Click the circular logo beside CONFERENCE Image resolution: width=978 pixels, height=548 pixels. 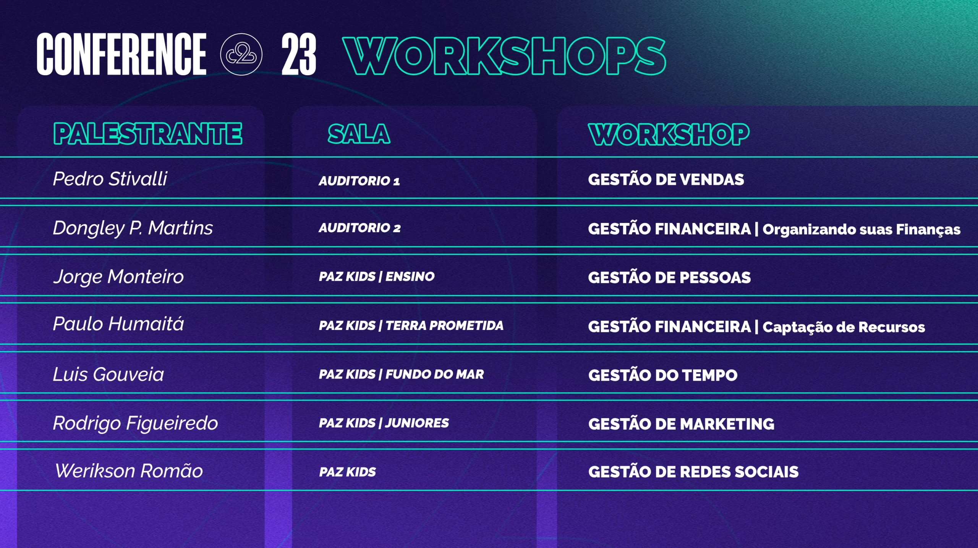pyautogui.click(x=241, y=54)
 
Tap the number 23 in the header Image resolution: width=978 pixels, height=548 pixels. pyautogui.click(x=299, y=54)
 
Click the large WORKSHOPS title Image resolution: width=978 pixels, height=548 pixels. pyautogui.click(x=504, y=56)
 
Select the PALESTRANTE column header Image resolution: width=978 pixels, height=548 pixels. pyautogui.click(x=147, y=134)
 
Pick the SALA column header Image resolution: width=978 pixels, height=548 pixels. pyautogui.click(x=359, y=134)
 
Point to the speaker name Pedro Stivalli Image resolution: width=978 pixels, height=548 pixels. pyautogui.click(x=110, y=179)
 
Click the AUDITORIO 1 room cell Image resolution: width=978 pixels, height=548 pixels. pyautogui.click(x=359, y=181)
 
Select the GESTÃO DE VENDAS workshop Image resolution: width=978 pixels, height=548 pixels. pyautogui.click(x=666, y=179)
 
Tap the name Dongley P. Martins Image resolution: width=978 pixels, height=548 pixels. pyautogui.click(x=133, y=228)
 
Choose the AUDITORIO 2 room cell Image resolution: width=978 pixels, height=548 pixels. pyautogui.click(x=359, y=228)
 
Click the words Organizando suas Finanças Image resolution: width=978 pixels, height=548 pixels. pyautogui.click(x=861, y=229)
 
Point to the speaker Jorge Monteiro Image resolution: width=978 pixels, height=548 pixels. pyautogui.click(x=118, y=276)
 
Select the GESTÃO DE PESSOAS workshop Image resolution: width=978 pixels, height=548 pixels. pyautogui.click(x=669, y=277)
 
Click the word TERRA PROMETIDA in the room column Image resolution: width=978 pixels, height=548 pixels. pyautogui.click(x=444, y=325)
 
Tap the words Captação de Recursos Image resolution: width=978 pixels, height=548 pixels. pyautogui.click(x=844, y=327)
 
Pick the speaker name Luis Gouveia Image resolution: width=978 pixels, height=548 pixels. pyautogui.click(x=108, y=374)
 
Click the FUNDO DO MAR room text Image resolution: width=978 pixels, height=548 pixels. pyautogui.click(x=435, y=374)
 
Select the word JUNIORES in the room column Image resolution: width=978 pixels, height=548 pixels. pyautogui.click(x=417, y=423)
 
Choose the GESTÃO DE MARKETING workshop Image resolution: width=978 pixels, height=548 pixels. pyautogui.click(x=681, y=424)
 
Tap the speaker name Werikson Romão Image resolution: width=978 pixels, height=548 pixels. pyautogui.click(x=129, y=471)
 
